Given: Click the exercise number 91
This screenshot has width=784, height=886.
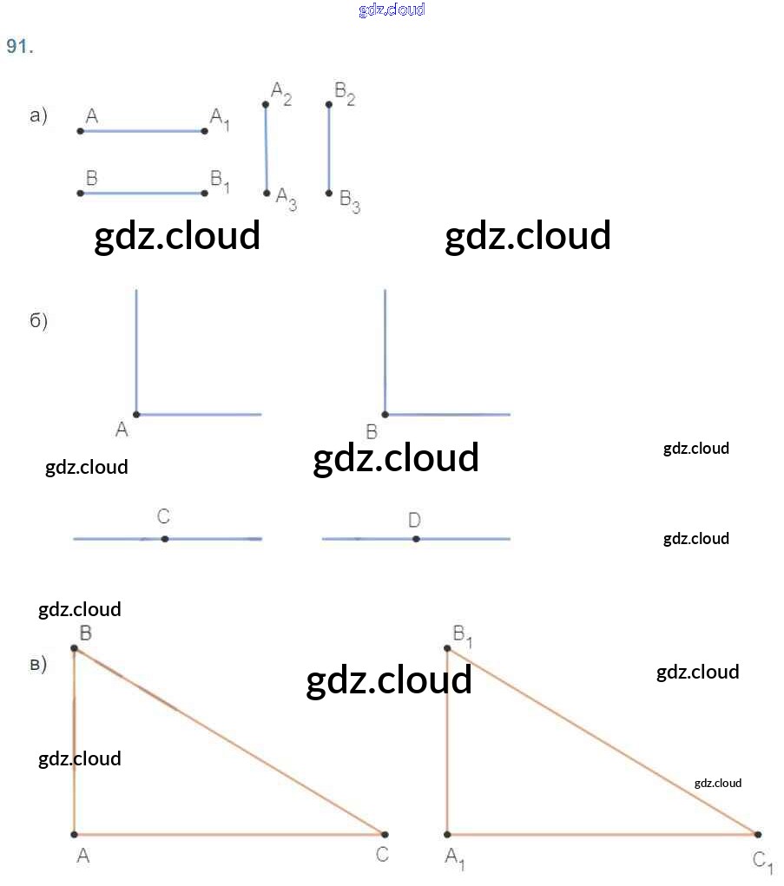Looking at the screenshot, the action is tap(20, 46).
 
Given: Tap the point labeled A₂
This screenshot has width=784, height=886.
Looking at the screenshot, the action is tap(266, 104).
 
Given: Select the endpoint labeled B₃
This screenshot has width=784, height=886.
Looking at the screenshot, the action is tap(329, 194).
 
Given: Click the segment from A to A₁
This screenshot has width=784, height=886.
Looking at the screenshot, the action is tap(142, 131).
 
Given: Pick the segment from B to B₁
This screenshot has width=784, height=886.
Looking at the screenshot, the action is tap(142, 194).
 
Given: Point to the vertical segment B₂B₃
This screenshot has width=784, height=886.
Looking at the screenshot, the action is tap(329, 148).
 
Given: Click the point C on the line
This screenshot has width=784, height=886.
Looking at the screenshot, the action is tap(164, 539).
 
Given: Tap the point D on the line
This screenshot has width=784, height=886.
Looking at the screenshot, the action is tap(416, 539).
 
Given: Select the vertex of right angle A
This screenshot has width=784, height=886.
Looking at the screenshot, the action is tap(136, 415).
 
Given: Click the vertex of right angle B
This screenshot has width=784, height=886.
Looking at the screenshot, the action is tap(385, 415).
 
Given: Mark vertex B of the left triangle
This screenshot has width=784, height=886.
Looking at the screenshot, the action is tap(74, 648).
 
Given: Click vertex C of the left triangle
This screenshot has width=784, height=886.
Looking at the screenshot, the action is tap(385, 834).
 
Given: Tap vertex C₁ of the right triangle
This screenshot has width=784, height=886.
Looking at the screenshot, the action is tap(758, 834).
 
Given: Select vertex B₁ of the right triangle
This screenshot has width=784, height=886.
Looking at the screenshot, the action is tap(447, 648).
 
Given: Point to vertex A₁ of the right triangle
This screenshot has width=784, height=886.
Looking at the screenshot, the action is tap(447, 834).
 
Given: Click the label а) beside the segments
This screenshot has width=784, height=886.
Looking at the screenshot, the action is tap(38, 115).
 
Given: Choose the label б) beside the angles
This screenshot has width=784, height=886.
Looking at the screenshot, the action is tap(38, 320).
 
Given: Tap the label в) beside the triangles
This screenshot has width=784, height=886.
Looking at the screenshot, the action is tap(38, 665).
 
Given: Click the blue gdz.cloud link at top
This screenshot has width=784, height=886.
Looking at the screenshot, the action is tap(392, 10).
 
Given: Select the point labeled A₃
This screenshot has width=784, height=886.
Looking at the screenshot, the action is tap(267, 194).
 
